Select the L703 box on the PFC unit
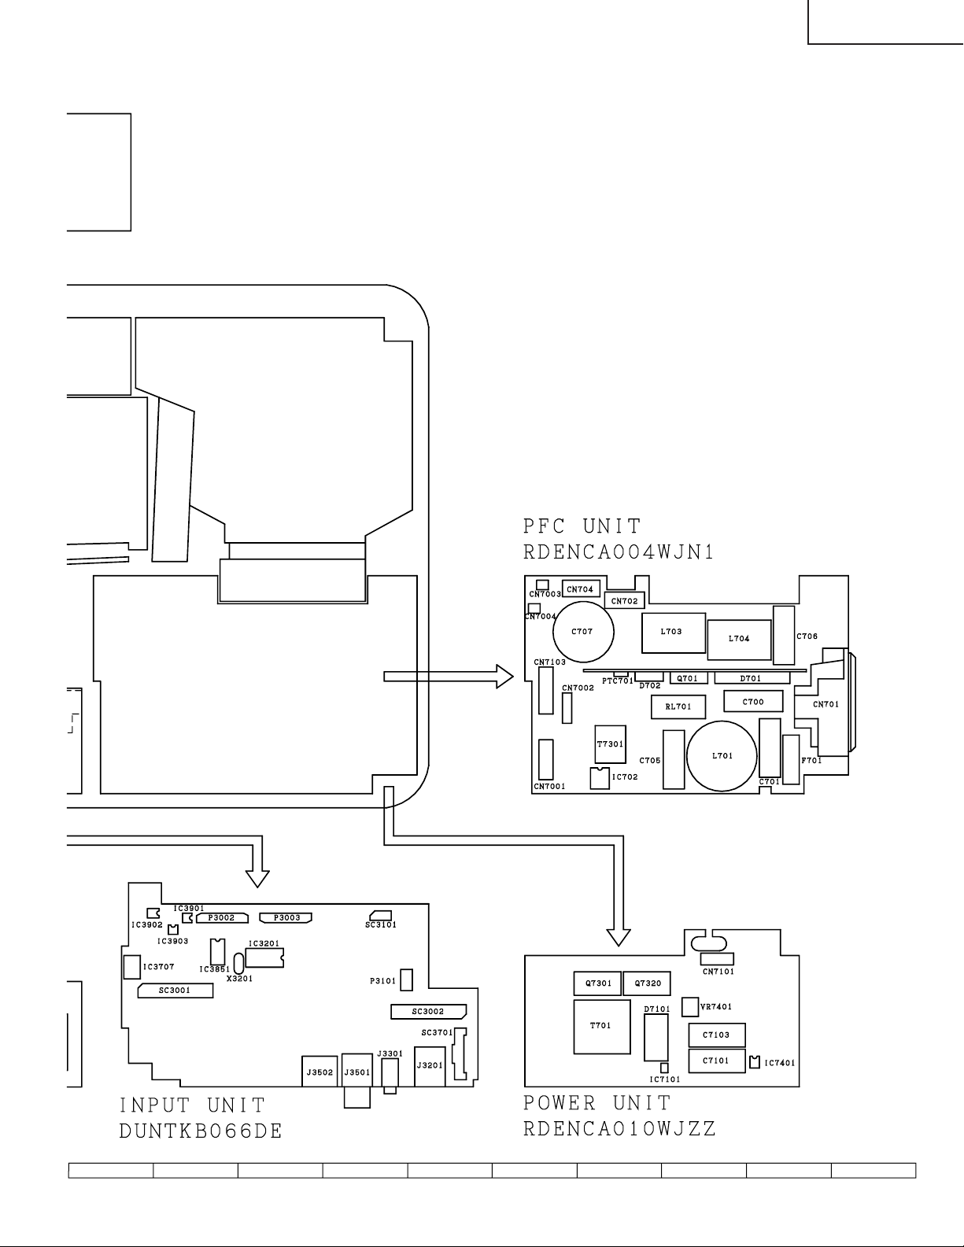(x=673, y=633)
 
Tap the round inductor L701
(x=722, y=756)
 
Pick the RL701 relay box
(x=678, y=707)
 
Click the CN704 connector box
(x=581, y=588)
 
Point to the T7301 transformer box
(x=610, y=744)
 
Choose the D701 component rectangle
(x=751, y=678)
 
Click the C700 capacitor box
(x=753, y=701)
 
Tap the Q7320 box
(x=647, y=983)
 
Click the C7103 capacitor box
(x=717, y=1035)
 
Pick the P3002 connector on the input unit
(x=222, y=918)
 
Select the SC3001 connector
(x=175, y=991)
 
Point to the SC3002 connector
(x=429, y=1012)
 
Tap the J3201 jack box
(x=430, y=1066)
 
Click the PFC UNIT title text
(x=582, y=526)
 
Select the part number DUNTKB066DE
(x=201, y=1131)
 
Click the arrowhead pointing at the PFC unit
(x=504, y=677)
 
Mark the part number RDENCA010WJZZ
(x=620, y=1129)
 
